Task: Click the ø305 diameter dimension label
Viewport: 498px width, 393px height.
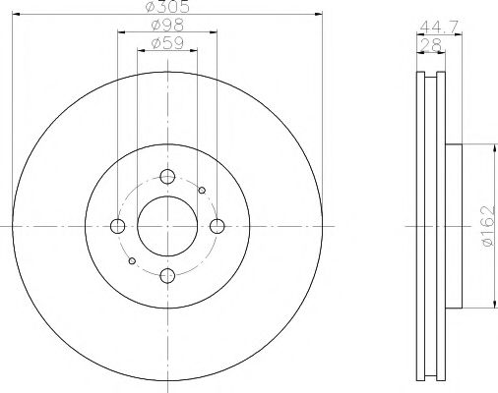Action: tap(167, 7)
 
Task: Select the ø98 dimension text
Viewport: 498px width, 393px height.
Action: tap(167, 26)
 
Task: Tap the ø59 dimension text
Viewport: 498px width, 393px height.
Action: tap(167, 43)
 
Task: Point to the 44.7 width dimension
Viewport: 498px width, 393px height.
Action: tap(439, 27)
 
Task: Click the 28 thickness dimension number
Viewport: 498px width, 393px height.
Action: tap(431, 45)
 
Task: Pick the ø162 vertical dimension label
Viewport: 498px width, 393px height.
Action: tap(488, 226)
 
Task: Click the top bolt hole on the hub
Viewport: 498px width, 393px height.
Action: tap(167, 177)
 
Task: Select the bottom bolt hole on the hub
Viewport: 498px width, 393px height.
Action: tap(167, 275)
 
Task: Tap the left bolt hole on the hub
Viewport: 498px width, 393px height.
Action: tap(118, 226)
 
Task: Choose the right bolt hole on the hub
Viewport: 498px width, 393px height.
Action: tap(217, 226)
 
